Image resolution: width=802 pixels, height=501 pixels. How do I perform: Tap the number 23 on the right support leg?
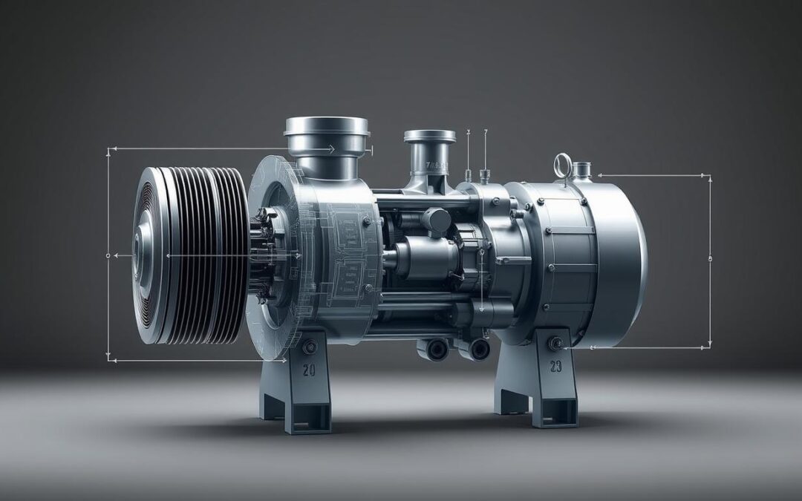pos(555,367)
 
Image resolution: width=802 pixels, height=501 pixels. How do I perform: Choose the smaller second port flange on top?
pos(430,137)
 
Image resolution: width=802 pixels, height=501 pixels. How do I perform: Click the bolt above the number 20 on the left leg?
pos(309,346)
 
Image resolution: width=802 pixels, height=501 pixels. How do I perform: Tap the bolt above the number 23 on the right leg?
pos(555,343)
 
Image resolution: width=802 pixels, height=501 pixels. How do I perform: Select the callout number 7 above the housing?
pos(486,133)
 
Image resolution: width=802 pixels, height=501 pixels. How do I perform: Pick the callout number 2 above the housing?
pos(468,133)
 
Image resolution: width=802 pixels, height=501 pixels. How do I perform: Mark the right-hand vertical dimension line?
pos(710,260)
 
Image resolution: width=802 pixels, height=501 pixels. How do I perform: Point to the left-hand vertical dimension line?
pos(109,252)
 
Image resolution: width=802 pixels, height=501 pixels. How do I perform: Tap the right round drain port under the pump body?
pos(479,348)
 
